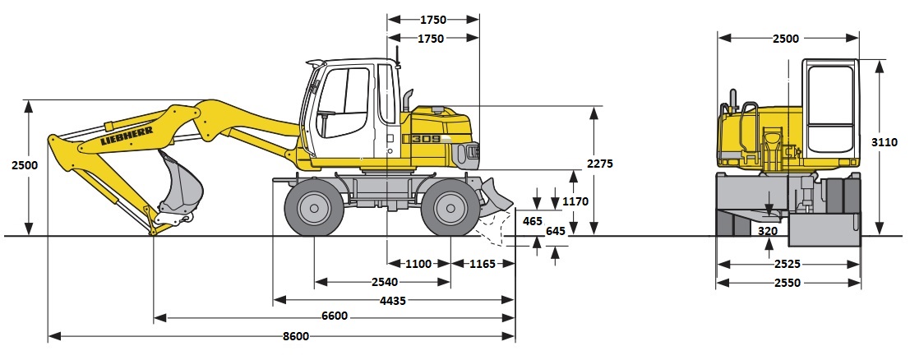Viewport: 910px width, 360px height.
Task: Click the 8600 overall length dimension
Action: (x=297, y=336)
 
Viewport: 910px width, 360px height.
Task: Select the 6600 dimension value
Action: (x=335, y=316)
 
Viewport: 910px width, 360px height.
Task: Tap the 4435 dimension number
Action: (x=393, y=300)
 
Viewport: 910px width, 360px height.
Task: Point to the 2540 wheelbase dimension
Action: (x=385, y=282)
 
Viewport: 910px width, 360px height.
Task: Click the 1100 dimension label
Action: (x=418, y=264)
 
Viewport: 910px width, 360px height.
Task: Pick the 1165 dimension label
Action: (x=483, y=264)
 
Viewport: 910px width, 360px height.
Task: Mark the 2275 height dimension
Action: (x=599, y=164)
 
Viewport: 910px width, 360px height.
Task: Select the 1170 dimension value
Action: (x=575, y=202)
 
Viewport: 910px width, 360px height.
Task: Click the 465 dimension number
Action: (x=532, y=221)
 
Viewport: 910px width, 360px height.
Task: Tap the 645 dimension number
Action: (x=556, y=231)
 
